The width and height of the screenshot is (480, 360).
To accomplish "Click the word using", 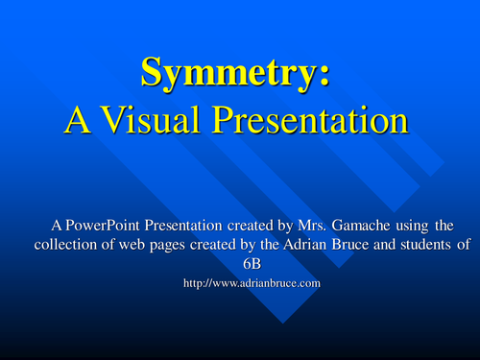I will [x=412, y=226].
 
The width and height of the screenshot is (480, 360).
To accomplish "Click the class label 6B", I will [x=240, y=261].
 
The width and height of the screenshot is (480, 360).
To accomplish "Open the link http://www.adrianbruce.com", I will [x=240, y=284].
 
